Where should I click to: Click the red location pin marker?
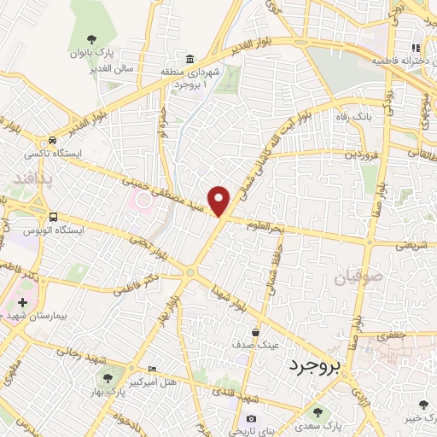220,201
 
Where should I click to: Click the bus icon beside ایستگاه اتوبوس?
54,218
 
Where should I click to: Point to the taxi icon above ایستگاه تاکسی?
54,141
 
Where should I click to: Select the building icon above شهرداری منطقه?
189,59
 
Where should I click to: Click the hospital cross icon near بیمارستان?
21,302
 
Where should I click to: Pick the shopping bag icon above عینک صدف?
255,332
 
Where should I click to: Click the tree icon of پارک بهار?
108,377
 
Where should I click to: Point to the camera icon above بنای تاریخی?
251,418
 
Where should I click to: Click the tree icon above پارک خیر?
424,405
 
